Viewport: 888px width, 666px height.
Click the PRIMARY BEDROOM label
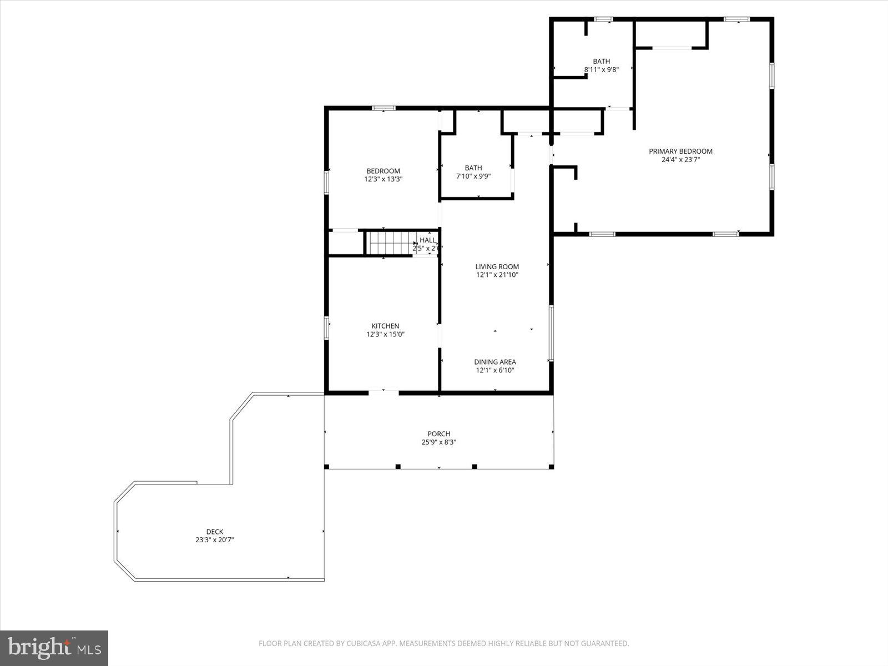(x=680, y=151)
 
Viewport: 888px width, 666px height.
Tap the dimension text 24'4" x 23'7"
(x=680, y=160)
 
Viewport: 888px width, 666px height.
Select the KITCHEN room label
(x=385, y=326)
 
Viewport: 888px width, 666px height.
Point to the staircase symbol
(x=389, y=243)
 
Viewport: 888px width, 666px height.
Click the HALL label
(x=427, y=240)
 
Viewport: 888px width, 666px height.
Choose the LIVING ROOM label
(x=497, y=266)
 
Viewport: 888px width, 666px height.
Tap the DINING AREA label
(x=495, y=362)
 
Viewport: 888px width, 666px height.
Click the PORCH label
(x=438, y=434)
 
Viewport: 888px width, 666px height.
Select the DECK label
(x=214, y=532)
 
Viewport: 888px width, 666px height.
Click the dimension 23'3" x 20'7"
(x=214, y=540)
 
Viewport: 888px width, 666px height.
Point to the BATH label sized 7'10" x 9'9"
(x=473, y=168)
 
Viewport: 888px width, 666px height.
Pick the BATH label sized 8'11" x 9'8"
(x=601, y=62)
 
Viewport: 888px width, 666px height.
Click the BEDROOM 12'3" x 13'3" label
(x=383, y=171)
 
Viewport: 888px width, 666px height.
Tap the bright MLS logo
(x=54, y=648)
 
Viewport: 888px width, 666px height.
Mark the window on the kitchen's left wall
(x=327, y=327)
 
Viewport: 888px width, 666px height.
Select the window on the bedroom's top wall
(x=383, y=108)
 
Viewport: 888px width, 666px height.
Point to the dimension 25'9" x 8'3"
(x=438, y=442)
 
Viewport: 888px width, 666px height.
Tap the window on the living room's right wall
(x=551, y=332)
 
